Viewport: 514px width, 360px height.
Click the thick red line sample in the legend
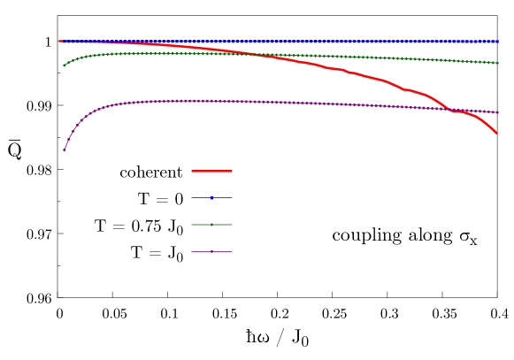click(211, 171)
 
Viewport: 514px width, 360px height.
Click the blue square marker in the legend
click(211, 197)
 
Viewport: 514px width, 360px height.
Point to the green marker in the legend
click(211, 225)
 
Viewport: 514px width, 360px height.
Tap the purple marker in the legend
click(211, 251)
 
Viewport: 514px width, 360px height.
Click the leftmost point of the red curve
click(60, 41)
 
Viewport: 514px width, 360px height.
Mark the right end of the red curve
click(496, 133)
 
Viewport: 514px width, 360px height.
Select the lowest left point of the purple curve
click(64, 149)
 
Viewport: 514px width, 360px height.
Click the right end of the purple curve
click(497, 112)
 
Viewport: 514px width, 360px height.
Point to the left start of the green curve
click(64, 65)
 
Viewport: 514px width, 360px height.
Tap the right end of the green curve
click(497, 63)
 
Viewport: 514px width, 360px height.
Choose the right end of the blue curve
click(497, 41)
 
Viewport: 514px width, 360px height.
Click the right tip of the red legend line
click(232, 171)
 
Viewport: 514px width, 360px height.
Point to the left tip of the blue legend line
click(192, 197)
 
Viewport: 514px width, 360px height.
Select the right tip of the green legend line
click(232, 225)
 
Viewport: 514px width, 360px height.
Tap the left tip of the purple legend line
click(192, 251)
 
